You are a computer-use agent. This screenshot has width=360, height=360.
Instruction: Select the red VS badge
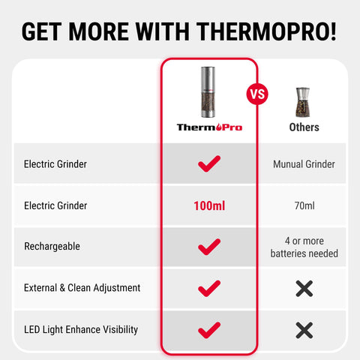257,95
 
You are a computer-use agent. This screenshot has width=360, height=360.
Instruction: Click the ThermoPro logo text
210,127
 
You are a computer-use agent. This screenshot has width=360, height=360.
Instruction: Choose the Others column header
304,127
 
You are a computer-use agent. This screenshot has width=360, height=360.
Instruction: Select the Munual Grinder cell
304,163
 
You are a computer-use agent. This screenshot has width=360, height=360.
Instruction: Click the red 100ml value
209,205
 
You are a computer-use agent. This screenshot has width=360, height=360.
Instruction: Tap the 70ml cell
304,205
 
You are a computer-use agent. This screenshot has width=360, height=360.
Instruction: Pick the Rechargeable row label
52,246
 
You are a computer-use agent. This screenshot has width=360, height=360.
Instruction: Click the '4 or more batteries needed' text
304,247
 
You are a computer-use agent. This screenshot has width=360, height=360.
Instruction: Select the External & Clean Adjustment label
82,287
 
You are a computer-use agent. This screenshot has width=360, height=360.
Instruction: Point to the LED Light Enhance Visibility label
81,329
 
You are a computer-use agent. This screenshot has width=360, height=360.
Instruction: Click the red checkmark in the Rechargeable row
209,246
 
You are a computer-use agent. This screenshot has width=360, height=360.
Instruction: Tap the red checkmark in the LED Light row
209,328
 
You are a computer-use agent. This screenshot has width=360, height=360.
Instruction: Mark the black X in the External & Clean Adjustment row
304,287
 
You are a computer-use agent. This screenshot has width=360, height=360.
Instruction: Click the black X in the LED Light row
304,329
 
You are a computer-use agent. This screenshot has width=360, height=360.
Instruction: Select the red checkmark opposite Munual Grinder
209,163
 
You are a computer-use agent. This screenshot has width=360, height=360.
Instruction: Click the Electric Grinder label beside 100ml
55,205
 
